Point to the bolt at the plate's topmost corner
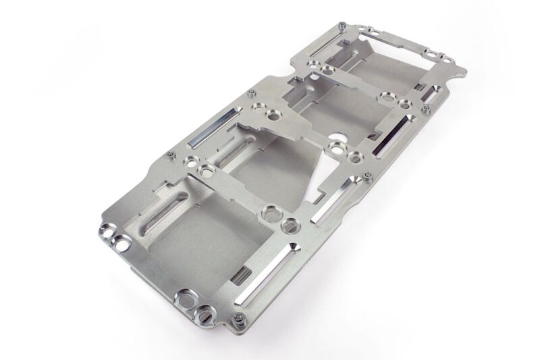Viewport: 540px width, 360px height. (x=344, y=26)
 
